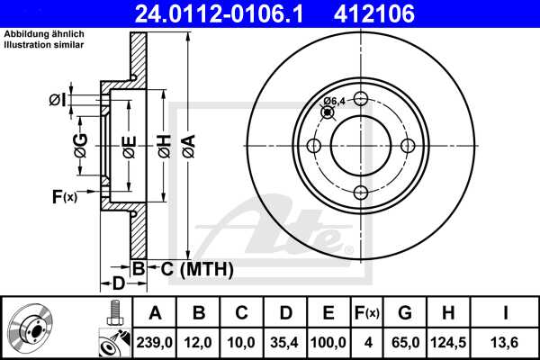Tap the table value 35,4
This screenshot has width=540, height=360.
(285, 343)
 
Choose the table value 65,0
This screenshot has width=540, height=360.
(406, 343)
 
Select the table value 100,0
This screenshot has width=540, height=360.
(328, 343)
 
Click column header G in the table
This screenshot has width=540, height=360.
(406, 313)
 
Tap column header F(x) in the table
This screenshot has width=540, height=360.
(367, 313)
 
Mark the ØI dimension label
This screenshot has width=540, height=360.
(57, 100)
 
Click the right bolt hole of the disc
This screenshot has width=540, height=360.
(408, 146)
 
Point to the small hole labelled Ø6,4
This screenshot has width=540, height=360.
(327, 112)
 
